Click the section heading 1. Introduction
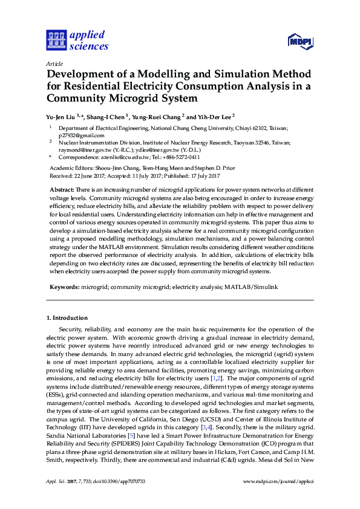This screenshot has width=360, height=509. coord(67,318)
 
